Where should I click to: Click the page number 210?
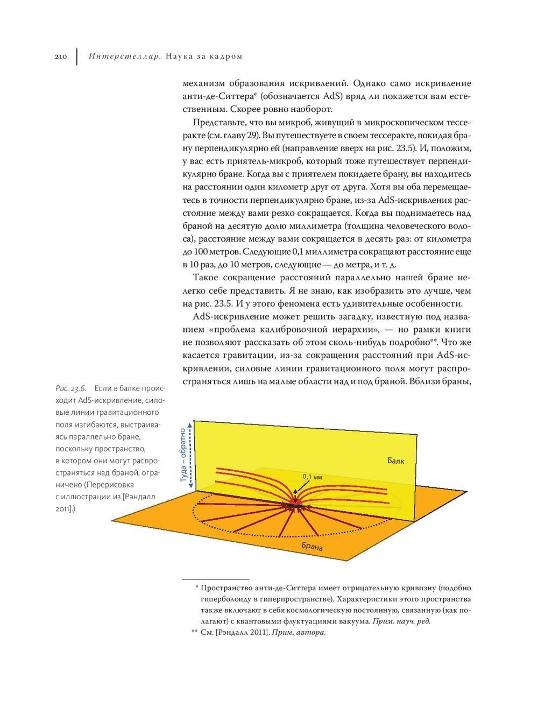point(60,56)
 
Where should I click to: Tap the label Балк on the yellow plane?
point(395,461)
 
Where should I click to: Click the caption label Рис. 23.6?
point(70,388)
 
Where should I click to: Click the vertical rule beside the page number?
point(77,56)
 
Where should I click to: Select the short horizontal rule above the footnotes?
point(216,578)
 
